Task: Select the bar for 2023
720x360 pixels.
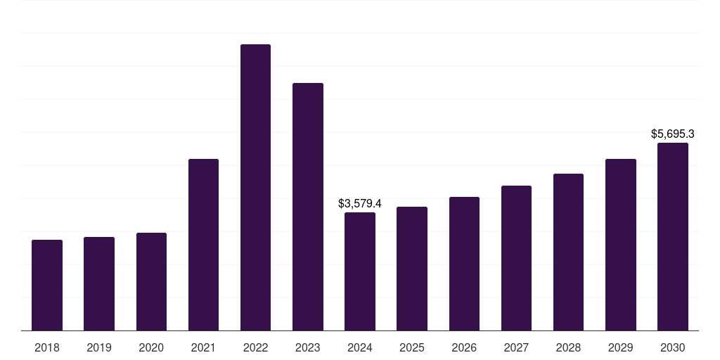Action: [308, 207]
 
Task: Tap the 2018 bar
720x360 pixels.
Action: [47, 285]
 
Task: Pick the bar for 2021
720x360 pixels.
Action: [203, 245]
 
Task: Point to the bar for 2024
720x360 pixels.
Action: [360, 271]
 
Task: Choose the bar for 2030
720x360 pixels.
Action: [673, 236]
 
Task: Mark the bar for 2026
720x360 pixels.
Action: [464, 264]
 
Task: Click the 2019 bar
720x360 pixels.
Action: [99, 283]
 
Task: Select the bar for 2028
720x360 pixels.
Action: [568, 252]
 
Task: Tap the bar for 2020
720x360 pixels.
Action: [151, 281]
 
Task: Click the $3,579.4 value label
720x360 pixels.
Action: [360, 203]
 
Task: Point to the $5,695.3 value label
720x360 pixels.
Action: [673, 134]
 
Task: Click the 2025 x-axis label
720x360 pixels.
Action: [412, 347]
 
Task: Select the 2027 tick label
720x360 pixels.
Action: [516, 347]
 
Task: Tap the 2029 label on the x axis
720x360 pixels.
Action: [620, 347]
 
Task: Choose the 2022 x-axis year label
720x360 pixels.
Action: [255, 347]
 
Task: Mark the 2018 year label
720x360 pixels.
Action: [47, 347]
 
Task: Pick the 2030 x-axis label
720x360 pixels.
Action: [673, 347]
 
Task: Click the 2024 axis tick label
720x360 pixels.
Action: [360, 347]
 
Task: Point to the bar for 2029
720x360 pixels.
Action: [620, 245]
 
